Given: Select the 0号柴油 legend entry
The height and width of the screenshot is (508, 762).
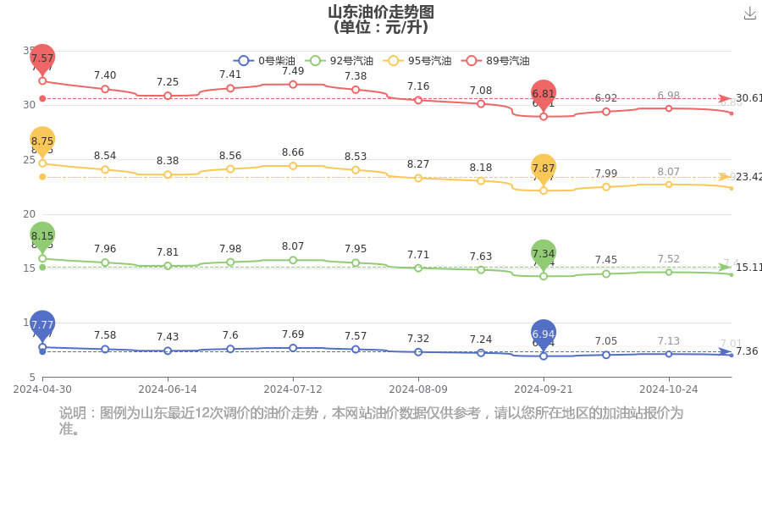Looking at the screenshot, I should [266, 61].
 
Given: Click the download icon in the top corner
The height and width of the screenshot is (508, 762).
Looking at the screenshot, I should [749, 14].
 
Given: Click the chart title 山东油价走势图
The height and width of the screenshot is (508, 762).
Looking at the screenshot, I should [381, 12].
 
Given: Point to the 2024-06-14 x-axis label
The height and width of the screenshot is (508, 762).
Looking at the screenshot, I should [168, 389].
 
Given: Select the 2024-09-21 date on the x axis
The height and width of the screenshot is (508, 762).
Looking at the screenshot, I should [544, 389].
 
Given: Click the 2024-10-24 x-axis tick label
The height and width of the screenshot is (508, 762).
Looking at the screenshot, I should [668, 389].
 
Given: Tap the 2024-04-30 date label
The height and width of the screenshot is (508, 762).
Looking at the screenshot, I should [42, 389].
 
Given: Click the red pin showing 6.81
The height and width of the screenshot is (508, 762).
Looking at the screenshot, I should [544, 94].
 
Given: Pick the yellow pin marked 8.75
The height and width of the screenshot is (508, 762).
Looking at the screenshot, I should [42, 142].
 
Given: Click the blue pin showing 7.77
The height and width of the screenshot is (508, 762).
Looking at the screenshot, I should [42, 324].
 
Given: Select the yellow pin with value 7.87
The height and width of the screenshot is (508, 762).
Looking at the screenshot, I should [544, 168].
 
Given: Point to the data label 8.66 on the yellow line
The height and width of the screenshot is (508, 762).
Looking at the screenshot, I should [293, 153].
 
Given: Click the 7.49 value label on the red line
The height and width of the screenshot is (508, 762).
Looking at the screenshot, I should [293, 71].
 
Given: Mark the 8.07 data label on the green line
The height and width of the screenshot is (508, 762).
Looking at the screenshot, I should [293, 247].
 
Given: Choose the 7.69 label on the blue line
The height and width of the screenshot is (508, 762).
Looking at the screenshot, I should [293, 335].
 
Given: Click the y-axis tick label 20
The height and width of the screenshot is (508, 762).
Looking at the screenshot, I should [29, 214].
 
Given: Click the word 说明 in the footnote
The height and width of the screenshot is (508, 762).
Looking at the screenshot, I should [74, 413].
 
